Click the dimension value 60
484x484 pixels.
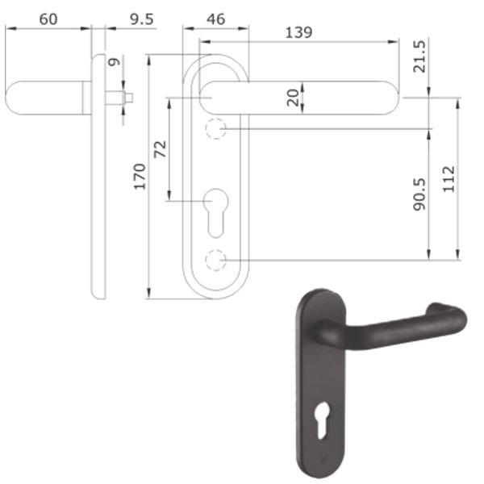coord(48,18)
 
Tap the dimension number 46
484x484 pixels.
coord(215,18)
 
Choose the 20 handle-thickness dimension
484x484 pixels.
coord(292,97)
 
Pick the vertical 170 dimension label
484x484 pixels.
coord(139,175)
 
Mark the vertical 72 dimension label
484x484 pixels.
coord(160,148)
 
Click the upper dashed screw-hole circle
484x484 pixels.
coord(215,129)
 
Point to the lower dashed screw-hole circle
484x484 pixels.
coord(215,261)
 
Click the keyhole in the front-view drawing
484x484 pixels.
coord(215,208)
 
